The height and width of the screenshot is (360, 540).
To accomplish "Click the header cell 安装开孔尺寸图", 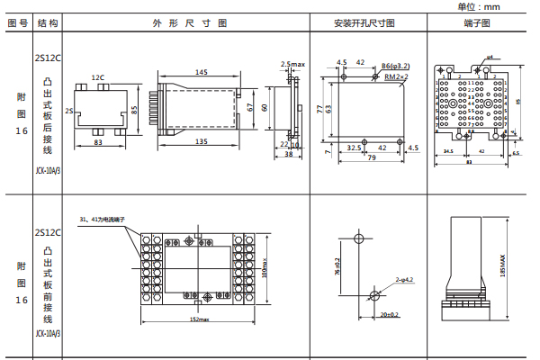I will tap(364, 22).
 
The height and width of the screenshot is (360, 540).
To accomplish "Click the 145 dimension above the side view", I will tap(201, 72).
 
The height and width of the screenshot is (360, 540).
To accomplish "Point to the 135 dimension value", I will tap(202, 141).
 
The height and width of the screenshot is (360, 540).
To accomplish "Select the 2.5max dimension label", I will tap(293, 65).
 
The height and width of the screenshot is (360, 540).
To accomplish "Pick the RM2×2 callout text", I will tap(396, 77).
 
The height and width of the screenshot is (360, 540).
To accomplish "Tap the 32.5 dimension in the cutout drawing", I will tap(354, 147).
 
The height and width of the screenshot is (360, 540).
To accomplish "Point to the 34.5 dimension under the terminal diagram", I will tap(448, 152).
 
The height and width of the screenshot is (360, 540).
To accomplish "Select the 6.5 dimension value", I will tap(516, 152).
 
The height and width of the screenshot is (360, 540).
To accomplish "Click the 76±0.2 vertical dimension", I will tap(337, 267).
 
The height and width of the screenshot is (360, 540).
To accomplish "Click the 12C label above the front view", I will tap(97, 78).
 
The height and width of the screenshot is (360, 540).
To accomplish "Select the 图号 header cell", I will tap(17, 22).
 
